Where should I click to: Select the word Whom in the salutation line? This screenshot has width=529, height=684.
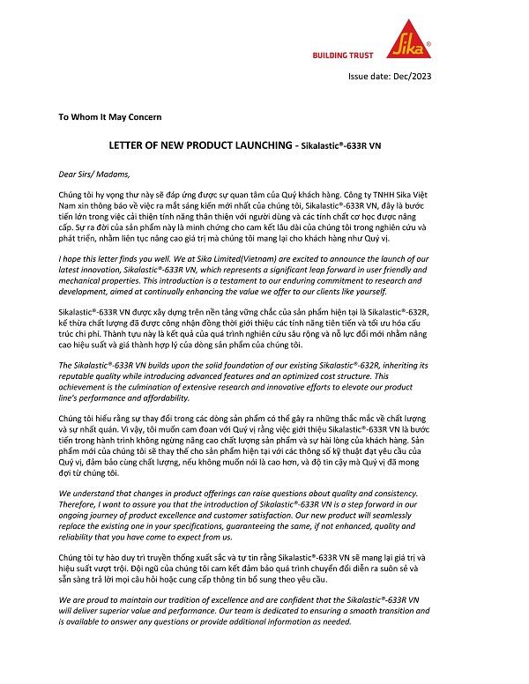pyautogui.click(x=85, y=116)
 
